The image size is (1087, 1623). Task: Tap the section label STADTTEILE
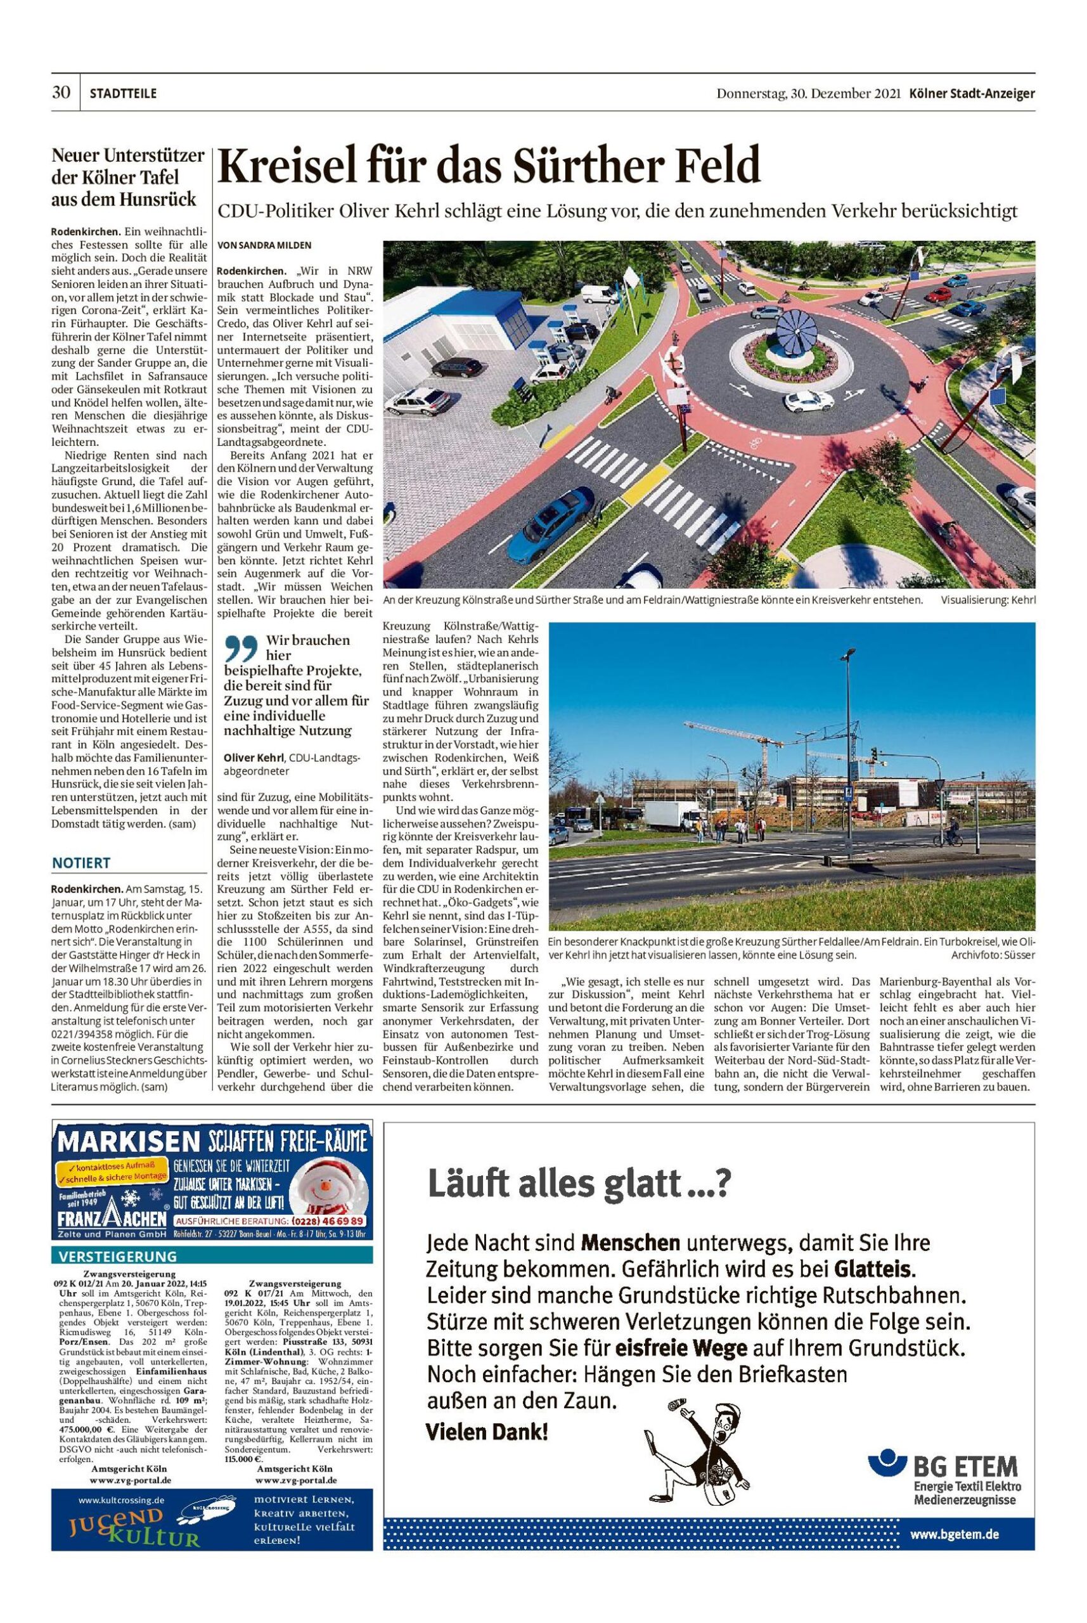tap(123, 94)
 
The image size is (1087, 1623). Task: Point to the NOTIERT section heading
tap(81, 863)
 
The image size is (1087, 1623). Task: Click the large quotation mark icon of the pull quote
tap(241, 650)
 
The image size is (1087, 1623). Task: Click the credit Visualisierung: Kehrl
tap(988, 600)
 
